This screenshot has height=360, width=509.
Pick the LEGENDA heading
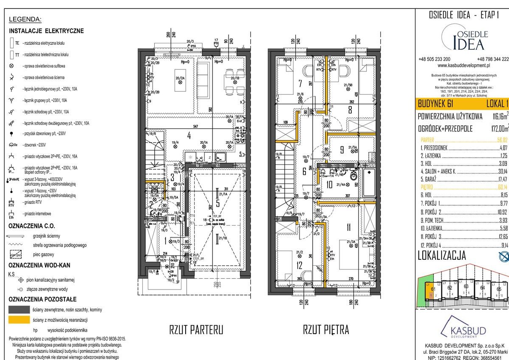(x=25, y=20)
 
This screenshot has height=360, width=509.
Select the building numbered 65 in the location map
(x=499, y=289)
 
